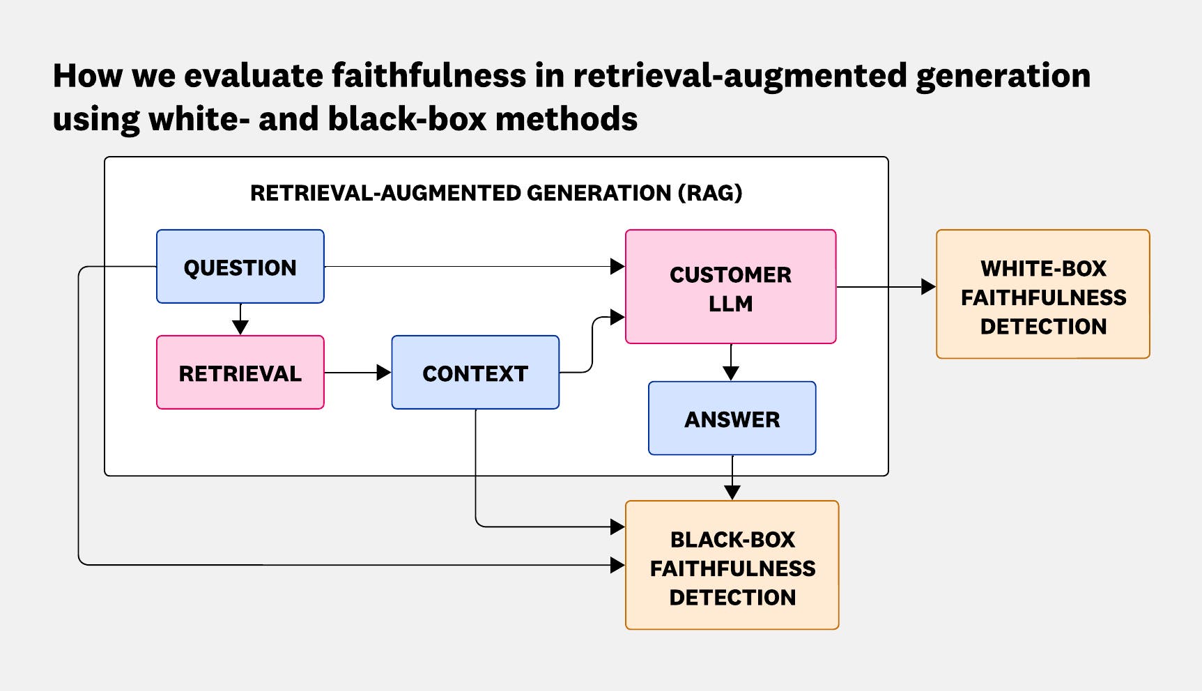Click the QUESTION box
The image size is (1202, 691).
tap(240, 267)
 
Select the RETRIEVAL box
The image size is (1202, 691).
tap(240, 373)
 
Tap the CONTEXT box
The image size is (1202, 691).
tap(475, 373)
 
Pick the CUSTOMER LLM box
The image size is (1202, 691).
tap(730, 287)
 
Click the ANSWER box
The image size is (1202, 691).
tap(732, 419)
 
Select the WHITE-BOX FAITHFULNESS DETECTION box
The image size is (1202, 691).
tap(1042, 295)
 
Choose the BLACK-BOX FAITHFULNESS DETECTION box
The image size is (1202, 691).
tap(732, 566)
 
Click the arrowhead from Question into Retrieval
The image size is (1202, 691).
tap(240, 327)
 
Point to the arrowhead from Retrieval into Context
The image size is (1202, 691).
tap(383, 373)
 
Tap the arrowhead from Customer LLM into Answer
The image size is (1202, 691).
tap(731, 373)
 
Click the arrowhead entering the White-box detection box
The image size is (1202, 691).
tap(928, 287)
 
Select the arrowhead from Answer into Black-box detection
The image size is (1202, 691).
tap(732, 492)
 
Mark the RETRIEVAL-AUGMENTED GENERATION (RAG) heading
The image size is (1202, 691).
tap(496, 193)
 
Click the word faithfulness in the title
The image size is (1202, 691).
tap(429, 76)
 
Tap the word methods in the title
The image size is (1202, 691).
tap(566, 119)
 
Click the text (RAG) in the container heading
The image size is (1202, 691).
tap(710, 193)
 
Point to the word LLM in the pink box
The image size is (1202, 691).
tap(730, 304)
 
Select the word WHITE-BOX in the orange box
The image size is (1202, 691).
tap(1043, 269)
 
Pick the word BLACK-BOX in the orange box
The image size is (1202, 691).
tap(732, 540)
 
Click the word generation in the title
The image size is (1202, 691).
tap(1003, 76)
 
